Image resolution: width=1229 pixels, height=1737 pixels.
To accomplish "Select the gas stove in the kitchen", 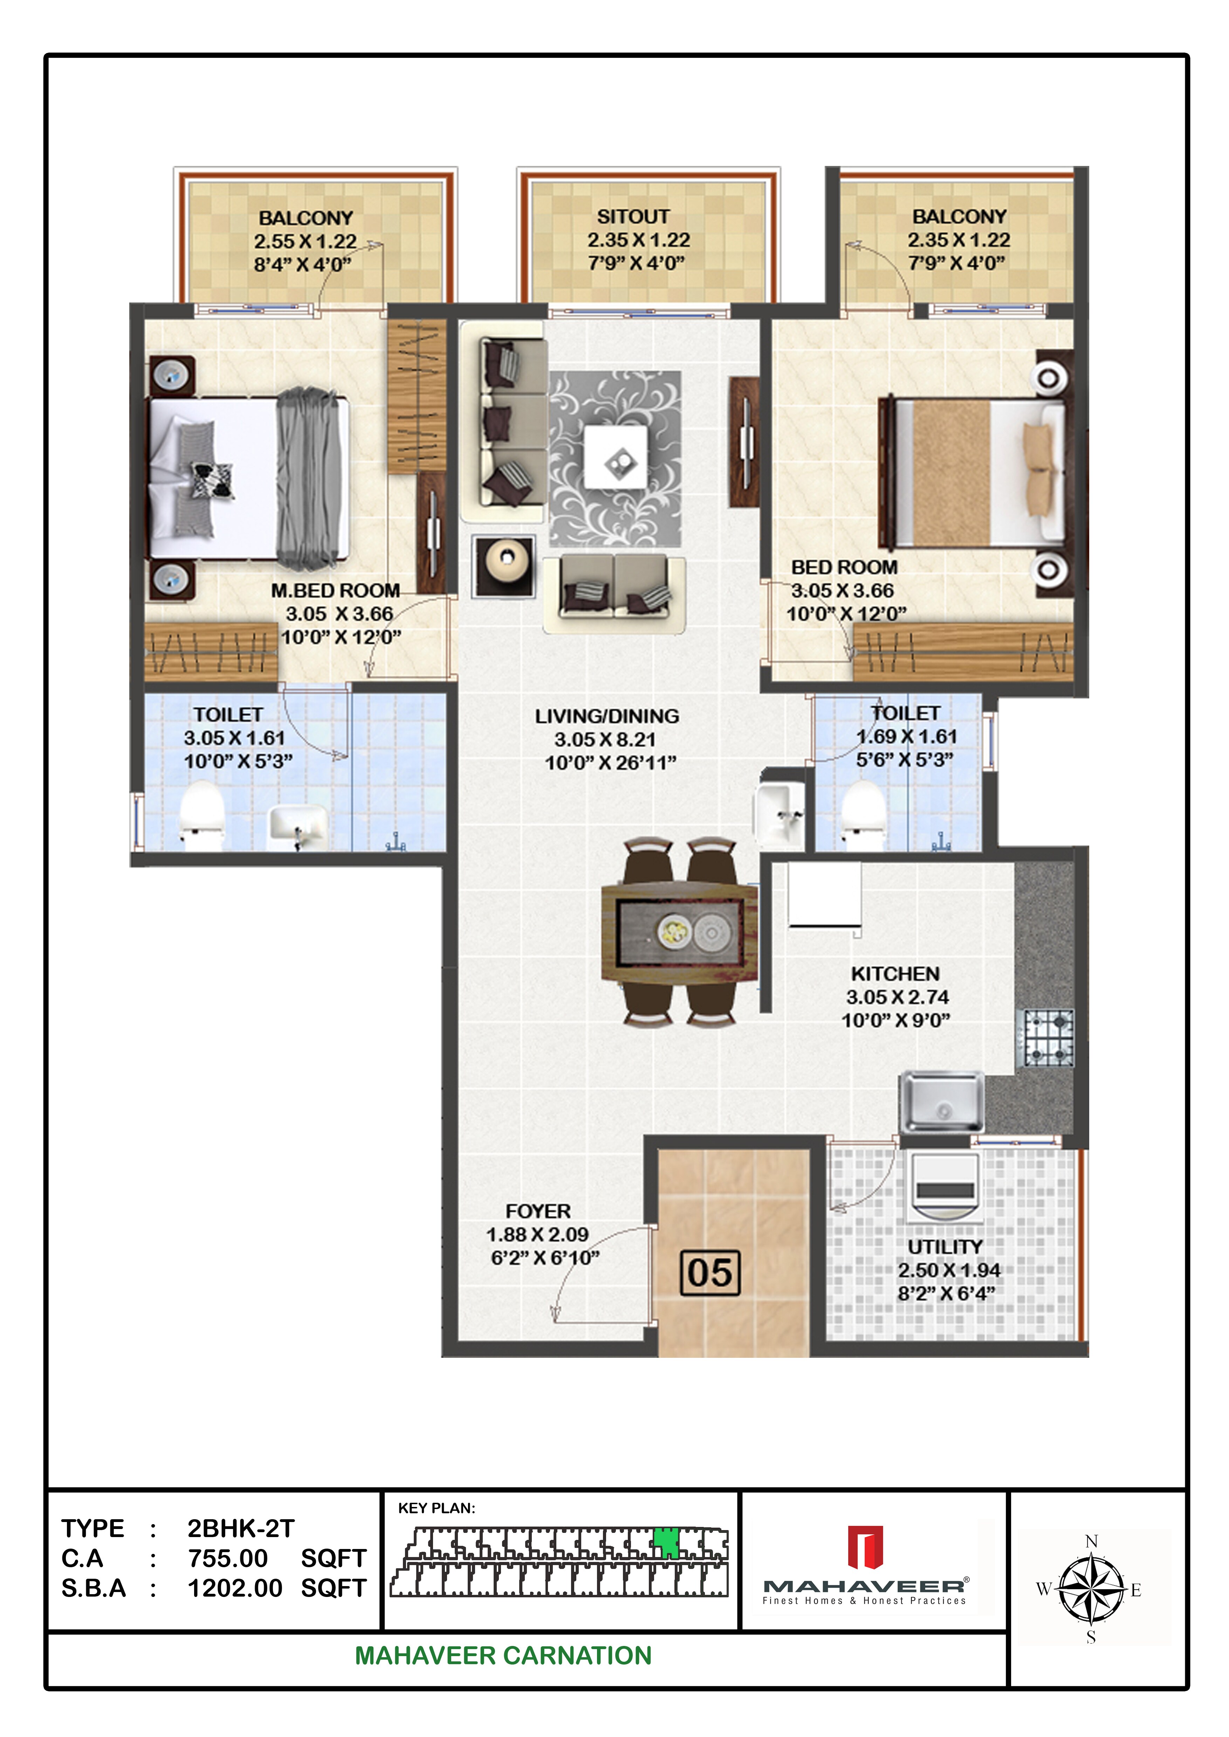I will tap(1048, 1038).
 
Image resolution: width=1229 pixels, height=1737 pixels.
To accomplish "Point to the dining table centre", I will tap(679, 932).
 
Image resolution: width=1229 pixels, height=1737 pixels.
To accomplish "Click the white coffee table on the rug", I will tap(615, 457).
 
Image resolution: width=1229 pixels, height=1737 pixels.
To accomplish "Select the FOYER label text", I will tap(538, 1211).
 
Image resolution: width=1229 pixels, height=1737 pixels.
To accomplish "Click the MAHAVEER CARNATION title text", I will tap(503, 1655).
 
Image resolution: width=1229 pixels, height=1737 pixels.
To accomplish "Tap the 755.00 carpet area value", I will tap(228, 1558).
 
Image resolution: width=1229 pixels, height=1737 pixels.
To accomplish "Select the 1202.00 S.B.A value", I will tap(235, 1588).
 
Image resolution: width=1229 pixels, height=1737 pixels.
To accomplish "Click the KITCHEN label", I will tap(895, 974).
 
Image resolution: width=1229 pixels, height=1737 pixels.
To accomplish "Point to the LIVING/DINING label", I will tap(607, 716).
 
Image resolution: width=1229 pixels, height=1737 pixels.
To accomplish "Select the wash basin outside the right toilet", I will tap(780, 815).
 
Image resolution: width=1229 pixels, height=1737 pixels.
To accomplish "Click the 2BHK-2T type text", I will tap(241, 1528).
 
